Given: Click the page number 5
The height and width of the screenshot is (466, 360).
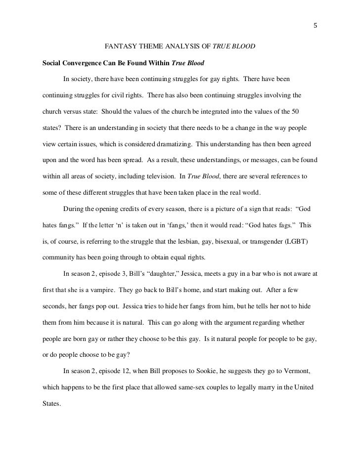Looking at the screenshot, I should (x=315, y=26).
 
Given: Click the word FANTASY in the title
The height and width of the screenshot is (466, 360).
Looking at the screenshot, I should (x=120, y=48).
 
